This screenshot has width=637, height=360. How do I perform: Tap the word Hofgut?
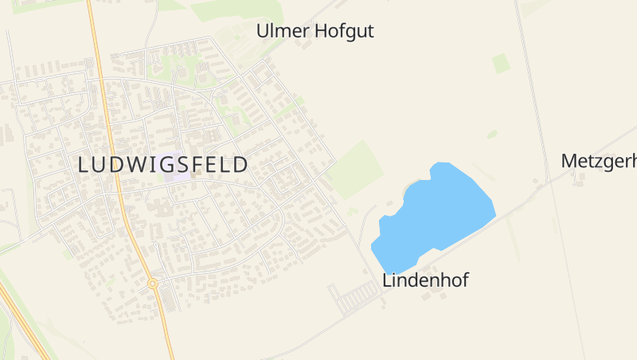coord(344,31)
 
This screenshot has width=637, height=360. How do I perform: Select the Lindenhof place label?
coord(425,280)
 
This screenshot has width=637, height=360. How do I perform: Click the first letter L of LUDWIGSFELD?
coord(85,165)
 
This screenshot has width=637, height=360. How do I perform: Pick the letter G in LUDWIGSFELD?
coord(176,165)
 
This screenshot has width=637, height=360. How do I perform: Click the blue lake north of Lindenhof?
coord(434,215)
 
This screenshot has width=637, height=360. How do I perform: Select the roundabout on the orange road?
coord(152,283)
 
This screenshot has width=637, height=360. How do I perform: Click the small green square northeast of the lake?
coord(501,63)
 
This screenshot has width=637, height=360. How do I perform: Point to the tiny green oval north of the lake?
coord(492,134)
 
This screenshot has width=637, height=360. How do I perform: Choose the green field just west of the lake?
coord(355,170)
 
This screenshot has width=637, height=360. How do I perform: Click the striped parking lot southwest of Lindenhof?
coord(355,298)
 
